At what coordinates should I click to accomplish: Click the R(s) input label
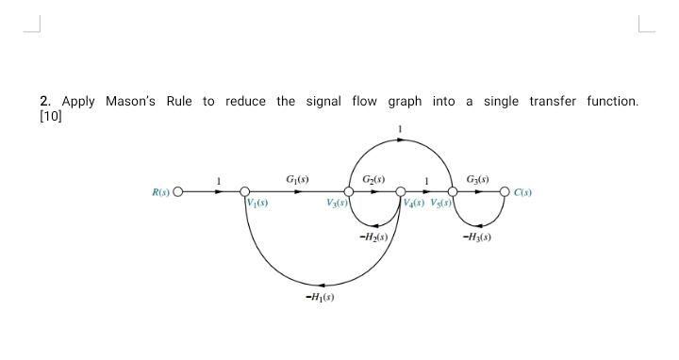click(160, 192)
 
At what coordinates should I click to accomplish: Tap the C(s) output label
click(523, 192)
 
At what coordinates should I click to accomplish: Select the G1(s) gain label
click(297, 179)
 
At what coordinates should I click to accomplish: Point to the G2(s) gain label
click(373, 179)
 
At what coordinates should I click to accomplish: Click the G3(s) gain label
click(478, 179)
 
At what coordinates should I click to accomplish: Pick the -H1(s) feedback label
click(320, 298)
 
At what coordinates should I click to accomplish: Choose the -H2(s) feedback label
click(374, 237)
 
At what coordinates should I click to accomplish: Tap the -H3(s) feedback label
click(477, 237)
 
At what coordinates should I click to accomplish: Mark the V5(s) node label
click(441, 202)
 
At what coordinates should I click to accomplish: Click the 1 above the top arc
click(400, 128)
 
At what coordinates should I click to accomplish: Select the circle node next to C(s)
click(505, 192)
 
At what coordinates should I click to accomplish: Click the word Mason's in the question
click(131, 101)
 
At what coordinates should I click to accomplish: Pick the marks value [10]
click(50, 116)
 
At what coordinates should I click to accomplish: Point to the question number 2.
click(44, 101)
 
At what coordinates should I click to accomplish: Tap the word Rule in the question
click(179, 101)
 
